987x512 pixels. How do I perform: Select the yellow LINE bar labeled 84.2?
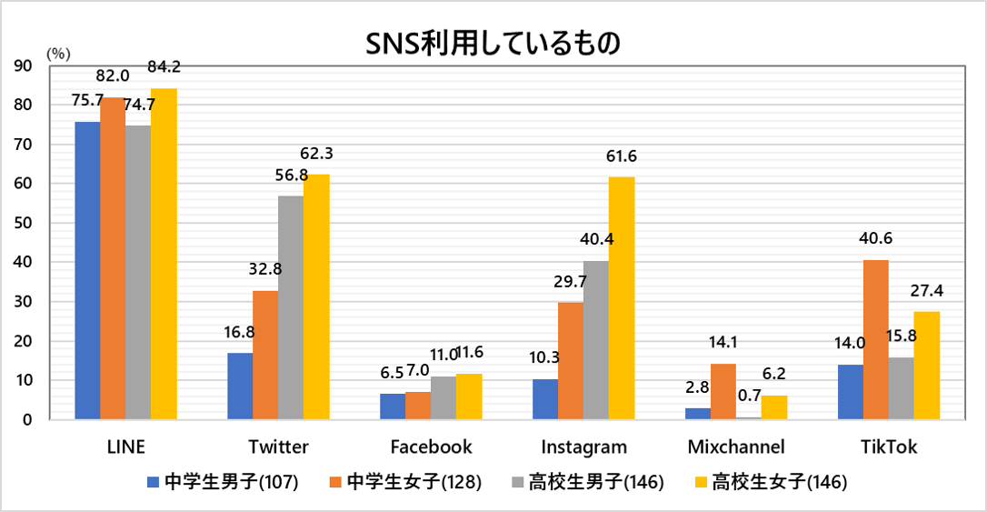pyautogui.click(x=164, y=254)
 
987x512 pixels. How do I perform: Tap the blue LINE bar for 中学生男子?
pyautogui.click(x=87, y=270)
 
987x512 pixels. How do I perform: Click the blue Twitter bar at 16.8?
pyautogui.click(x=240, y=386)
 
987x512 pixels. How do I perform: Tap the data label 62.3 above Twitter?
pyautogui.click(x=316, y=154)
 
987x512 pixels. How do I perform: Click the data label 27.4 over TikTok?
pyautogui.click(x=927, y=291)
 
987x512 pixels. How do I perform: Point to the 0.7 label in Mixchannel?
pyautogui.click(x=750, y=395)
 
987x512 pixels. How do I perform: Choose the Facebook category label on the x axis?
pyautogui.click(x=431, y=447)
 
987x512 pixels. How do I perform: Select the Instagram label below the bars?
pyautogui.click(x=583, y=447)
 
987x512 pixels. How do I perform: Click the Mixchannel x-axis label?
pyautogui.click(x=735, y=447)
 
